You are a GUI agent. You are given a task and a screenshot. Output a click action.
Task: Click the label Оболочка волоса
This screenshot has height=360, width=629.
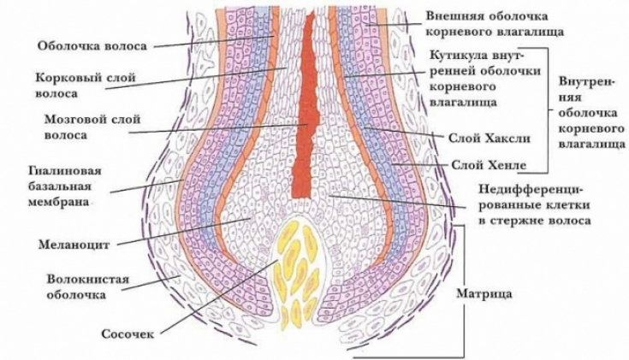tap(92, 46)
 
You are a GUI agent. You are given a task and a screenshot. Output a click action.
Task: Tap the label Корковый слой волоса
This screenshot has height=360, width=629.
tap(86, 86)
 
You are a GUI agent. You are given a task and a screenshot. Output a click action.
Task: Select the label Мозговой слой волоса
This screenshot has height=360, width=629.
tap(92, 127)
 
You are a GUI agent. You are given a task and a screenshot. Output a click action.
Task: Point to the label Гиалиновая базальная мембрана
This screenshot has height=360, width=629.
tap(64, 186)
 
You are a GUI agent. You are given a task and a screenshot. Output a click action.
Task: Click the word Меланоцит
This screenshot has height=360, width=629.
tap(74, 245)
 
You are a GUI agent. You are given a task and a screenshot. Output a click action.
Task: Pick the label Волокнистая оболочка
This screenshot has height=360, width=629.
tap(87, 286)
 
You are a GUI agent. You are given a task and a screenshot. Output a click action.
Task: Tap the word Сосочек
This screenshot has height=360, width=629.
tap(128, 334)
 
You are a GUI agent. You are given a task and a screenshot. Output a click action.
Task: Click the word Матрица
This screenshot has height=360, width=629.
tap(484, 294)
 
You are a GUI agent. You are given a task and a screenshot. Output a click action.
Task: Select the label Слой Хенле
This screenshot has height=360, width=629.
tap(489, 165)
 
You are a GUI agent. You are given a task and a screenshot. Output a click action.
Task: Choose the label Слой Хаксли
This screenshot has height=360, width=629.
tap(489, 139)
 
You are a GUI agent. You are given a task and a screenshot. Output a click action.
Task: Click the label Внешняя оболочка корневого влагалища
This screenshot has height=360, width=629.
tap(495, 24)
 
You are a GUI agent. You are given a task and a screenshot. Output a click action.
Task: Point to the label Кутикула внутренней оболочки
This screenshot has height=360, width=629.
tap(485, 79)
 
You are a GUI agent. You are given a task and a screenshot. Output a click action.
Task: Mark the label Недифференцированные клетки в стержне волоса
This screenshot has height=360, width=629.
tap(534, 205)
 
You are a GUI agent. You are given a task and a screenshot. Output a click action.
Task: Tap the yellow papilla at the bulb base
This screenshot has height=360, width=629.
tap(295, 274)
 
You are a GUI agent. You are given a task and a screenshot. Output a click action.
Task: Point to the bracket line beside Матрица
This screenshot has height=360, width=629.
tap(465, 292)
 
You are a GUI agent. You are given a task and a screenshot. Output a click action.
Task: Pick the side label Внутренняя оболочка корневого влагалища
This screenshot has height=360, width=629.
tap(590, 112)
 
